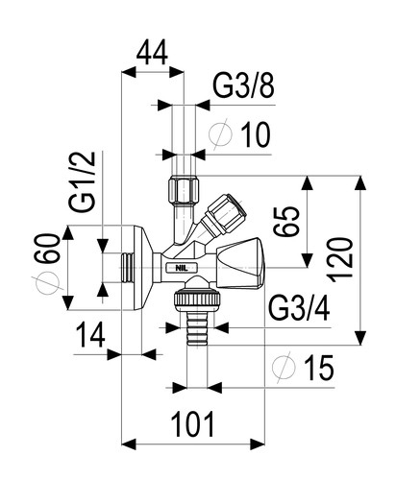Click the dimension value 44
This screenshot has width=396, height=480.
(152, 53)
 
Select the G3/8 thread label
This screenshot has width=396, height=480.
(243, 86)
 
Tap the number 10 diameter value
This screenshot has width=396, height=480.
(256, 135)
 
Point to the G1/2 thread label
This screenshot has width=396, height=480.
(83, 181)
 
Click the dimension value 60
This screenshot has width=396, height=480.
(49, 249)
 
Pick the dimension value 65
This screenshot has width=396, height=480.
(286, 221)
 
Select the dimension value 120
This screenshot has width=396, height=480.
(341, 259)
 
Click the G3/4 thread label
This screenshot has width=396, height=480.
(299, 309)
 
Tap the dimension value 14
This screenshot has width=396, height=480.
(91, 335)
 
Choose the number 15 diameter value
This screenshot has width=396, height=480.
(319, 369)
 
